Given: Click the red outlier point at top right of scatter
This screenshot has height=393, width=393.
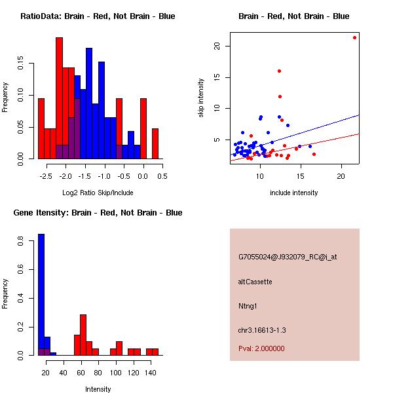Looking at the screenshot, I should [x=354, y=37].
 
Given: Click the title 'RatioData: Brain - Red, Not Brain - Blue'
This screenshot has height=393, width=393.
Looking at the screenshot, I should [x=98, y=16].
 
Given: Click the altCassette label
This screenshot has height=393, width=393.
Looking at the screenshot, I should [x=255, y=282].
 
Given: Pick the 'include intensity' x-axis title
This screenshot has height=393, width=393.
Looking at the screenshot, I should [x=293, y=193].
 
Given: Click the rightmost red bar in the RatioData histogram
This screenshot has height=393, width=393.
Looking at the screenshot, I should [x=155, y=143].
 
